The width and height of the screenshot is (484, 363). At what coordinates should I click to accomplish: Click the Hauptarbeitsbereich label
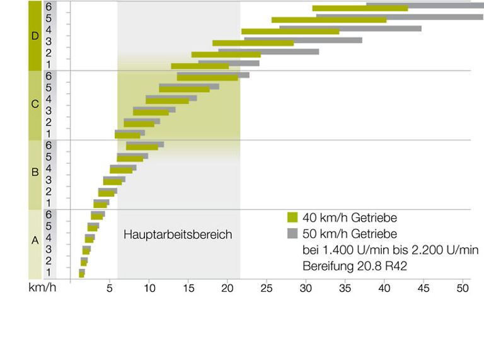click(178, 234)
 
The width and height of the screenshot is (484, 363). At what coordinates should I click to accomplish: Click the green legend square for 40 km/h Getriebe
click(292, 218)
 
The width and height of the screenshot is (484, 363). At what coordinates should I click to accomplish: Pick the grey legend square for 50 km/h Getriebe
click(292, 234)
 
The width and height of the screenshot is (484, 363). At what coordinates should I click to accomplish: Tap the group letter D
click(35, 36)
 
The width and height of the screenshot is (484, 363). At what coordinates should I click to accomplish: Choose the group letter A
click(35, 240)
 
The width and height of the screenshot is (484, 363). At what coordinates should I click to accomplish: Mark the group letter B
click(35, 171)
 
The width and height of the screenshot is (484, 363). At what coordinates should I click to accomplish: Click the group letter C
click(35, 104)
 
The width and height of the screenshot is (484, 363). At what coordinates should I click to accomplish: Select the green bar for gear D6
click(360, 9)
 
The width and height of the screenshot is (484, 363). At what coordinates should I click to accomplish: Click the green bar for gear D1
click(200, 66)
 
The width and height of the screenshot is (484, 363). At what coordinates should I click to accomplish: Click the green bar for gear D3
click(253, 43)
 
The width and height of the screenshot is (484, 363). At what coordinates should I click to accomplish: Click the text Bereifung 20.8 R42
click(354, 266)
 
